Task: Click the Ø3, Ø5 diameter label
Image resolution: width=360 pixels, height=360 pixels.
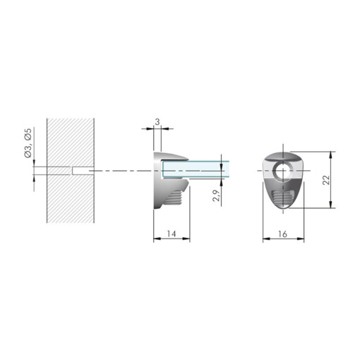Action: coord(28,143)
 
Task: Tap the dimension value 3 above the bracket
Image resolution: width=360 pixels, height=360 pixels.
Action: coord(157,122)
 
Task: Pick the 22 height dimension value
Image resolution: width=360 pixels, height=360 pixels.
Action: coord(325,179)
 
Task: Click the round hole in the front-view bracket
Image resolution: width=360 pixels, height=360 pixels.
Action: coord(284,170)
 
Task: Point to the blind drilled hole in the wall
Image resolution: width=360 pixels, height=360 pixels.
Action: coord(83,170)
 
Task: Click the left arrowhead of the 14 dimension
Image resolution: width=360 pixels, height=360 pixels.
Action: coord(155,239)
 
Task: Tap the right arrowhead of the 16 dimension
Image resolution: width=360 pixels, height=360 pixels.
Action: coord(303,239)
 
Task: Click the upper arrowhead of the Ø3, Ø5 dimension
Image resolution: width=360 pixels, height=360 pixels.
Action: coord(33,164)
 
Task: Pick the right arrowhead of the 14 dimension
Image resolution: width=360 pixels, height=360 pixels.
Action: coord(188,239)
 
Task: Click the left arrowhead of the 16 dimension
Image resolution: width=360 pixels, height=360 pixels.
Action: coord(265,239)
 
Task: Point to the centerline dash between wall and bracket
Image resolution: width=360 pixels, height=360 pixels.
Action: coord(120,170)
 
